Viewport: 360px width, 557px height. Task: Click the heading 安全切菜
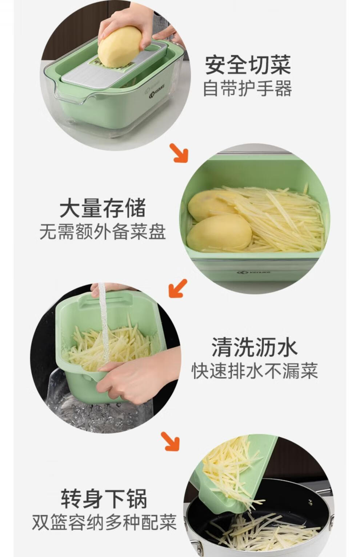248,65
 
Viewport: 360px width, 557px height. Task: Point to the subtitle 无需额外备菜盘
103,232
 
